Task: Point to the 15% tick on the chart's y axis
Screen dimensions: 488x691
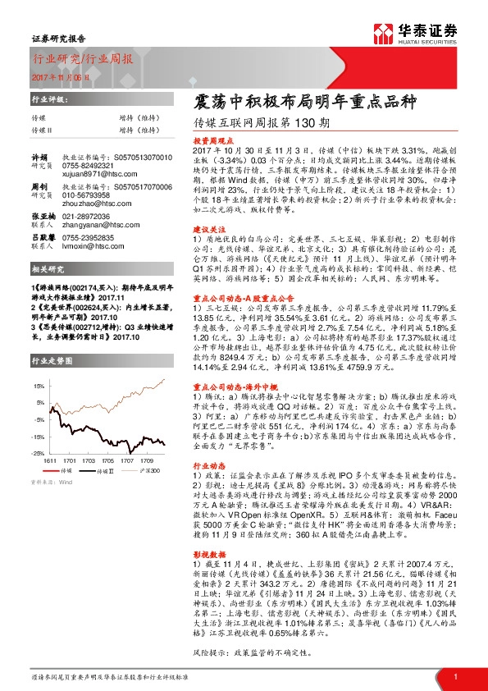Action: pos(39,384)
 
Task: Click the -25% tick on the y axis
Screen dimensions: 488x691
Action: pos(39,453)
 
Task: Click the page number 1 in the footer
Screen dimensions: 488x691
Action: pos(454,676)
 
